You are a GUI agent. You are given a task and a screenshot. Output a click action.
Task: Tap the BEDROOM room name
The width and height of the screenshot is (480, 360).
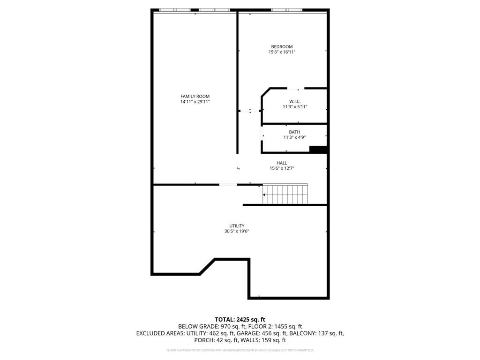pos(282,46)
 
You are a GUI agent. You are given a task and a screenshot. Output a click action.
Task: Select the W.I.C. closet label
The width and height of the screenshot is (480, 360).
pos(295,101)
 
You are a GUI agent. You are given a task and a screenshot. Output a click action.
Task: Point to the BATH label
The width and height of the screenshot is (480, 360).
pos(294,132)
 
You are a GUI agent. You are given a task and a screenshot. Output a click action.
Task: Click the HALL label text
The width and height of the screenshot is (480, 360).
pos(282,163)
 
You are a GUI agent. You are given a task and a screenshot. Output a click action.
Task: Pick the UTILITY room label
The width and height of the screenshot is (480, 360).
pos(237,225)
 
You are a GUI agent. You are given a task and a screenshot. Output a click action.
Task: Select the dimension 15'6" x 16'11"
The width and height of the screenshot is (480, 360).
pos(282,52)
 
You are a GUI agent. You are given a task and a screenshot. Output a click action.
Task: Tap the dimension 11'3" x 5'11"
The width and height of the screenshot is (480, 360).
pos(295,107)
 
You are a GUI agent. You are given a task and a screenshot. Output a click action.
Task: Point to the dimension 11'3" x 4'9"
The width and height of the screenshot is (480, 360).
pos(294,137)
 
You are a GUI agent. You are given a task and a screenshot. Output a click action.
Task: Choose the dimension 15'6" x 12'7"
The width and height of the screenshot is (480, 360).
pos(282,168)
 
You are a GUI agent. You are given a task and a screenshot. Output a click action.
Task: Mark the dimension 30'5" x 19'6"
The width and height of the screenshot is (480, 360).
pos(237,231)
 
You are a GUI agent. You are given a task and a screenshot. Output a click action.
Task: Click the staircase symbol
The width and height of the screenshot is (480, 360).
pos(285,194)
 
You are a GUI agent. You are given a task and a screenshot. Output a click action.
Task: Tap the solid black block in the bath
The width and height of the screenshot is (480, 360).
pos(318,150)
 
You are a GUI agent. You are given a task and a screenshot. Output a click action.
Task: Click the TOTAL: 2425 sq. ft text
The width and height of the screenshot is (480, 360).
pos(240,319)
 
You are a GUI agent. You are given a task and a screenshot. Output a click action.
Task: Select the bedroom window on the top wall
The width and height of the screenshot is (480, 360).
pos(286,10)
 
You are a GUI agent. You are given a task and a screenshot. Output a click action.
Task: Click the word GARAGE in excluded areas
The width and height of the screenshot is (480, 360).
pos(247,333)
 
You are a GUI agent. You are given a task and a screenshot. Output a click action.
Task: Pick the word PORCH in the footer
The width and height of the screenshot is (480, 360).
pos(204,340)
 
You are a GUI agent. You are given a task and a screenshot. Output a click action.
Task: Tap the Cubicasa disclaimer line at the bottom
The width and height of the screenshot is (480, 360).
pos(240,350)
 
